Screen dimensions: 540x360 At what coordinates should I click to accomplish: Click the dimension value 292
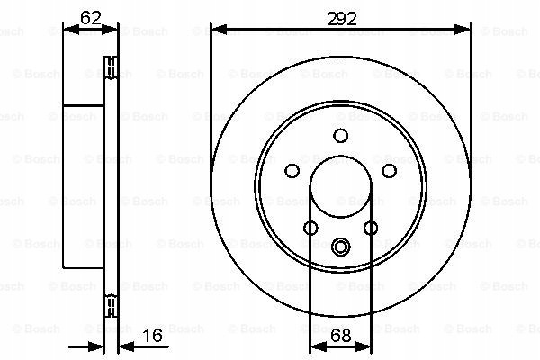click(342, 19)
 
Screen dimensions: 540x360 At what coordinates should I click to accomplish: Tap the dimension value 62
click(91, 18)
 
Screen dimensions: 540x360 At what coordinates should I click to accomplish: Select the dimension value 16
click(152, 335)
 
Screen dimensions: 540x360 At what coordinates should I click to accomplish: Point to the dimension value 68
click(340, 336)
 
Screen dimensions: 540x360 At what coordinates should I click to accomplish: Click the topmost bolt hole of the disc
click(340, 135)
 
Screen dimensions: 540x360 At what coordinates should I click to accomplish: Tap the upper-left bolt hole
click(292, 170)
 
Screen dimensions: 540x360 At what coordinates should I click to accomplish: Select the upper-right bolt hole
click(389, 170)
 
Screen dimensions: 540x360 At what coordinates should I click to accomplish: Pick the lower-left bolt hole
click(310, 228)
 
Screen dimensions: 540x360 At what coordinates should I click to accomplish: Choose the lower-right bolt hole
click(371, 228)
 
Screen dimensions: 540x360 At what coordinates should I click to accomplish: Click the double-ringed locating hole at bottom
click(340, 247)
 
